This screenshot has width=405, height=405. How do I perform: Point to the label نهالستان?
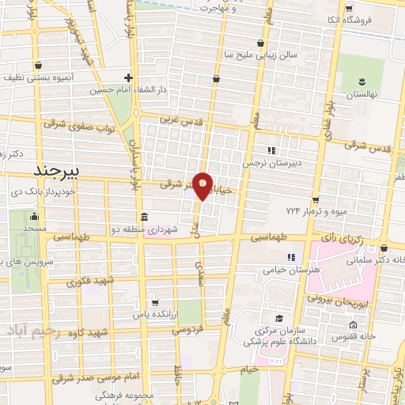point(362,94)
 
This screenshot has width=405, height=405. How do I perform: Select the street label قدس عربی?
point(183,122)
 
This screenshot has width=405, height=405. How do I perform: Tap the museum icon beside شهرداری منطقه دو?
point(144,218)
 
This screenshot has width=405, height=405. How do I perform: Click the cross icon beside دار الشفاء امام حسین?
point(129,78)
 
